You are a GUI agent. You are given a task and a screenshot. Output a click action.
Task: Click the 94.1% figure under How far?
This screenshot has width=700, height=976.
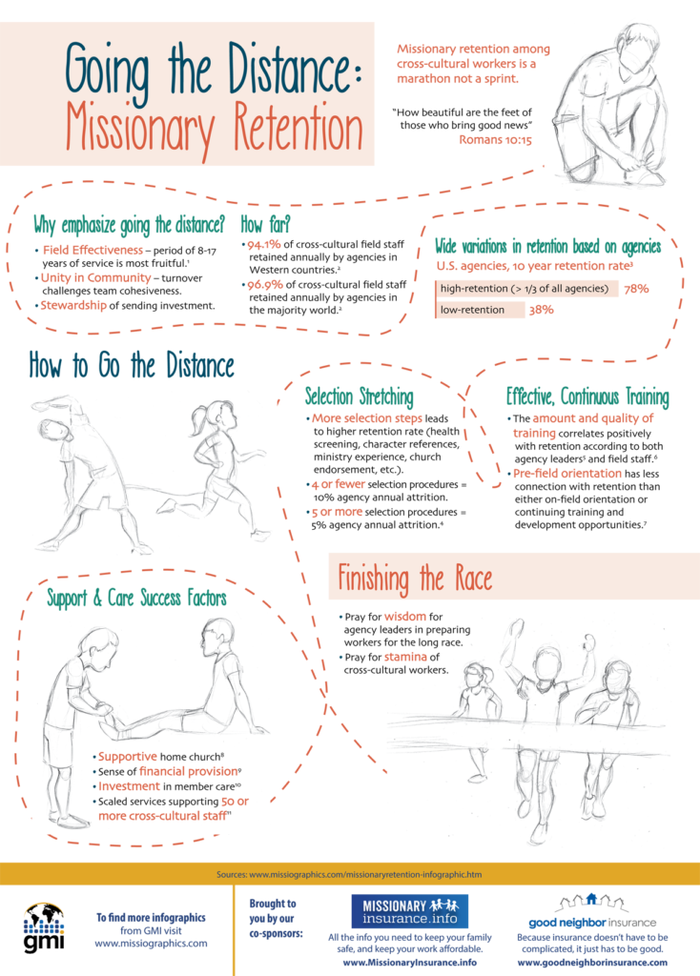pos(263,245)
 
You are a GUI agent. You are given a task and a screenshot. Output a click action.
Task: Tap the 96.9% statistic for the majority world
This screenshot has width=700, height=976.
pos(265,284)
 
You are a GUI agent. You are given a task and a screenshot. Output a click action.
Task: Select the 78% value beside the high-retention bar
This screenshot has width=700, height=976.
pos(636,289)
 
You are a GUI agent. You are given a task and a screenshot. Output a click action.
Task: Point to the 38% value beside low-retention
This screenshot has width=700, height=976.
pos(541,310)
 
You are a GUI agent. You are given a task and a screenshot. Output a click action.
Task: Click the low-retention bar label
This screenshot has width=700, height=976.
pos(472,310)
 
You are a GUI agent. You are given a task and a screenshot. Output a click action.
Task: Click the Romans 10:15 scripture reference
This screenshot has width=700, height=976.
pos(495,140)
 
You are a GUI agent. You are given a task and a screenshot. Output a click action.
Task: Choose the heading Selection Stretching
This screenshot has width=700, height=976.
pos(359,396)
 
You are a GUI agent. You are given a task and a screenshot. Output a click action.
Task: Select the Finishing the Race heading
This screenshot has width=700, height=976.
pos(415,578)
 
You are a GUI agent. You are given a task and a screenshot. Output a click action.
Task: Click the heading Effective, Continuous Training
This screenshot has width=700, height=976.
pos(587,396)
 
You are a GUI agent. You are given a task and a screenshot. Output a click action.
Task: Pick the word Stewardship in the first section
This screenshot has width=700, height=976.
pos(73,306)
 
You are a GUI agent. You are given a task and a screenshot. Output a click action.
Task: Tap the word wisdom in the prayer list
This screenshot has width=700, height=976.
pos(404,617)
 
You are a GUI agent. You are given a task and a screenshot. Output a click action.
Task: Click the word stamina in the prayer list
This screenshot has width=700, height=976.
pos(405,658)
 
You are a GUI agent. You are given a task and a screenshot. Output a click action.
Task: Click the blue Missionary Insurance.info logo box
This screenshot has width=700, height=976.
pos(410,911)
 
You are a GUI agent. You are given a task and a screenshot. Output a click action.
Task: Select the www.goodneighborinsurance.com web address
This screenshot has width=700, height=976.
pos(592,963)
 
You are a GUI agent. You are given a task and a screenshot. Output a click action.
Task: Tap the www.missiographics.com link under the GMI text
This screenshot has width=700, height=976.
pos(151,944)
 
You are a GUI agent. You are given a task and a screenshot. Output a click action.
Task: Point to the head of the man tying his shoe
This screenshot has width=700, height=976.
pos(638,47)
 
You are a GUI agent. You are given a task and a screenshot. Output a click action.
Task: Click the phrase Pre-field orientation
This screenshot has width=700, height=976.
pos(567,474)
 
